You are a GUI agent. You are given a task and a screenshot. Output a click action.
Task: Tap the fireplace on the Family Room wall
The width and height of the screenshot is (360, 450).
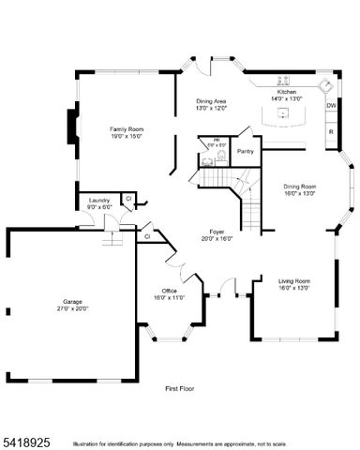(x=70, y=126)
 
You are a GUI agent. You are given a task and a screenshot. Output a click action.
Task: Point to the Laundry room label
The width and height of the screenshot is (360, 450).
(x=98, y=200)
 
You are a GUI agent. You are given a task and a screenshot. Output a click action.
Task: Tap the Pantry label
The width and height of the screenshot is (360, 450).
(x=246, y=151)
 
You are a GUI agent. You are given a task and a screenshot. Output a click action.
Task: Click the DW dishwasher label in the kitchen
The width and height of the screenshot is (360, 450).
(x=331, y=106)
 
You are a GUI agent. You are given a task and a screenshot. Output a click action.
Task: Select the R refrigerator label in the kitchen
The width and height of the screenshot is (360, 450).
(x=331, y=131)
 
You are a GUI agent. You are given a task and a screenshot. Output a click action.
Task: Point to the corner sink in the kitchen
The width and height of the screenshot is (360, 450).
(x=325, y=86)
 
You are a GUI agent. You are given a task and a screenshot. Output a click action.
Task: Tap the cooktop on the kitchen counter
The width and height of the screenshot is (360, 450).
(x=282, y=81)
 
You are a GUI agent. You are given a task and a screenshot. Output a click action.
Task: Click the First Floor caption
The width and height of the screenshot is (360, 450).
(x=179, y=387)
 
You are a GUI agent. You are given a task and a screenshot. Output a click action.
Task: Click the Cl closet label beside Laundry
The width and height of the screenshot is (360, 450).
(x=128, y=198)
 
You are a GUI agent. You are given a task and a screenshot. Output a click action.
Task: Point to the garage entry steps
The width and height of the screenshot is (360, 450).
(x=112, y=237)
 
